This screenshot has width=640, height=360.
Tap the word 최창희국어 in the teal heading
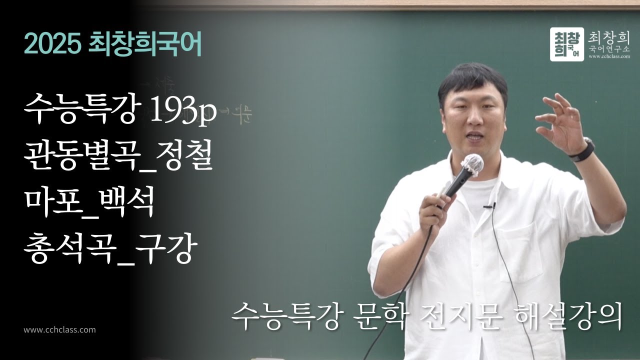(x=144, y=45)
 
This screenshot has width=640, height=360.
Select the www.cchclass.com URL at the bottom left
(x=59, y=330)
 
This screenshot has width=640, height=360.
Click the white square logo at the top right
(x=566, y=44)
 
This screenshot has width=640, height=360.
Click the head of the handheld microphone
(x=472, y=164)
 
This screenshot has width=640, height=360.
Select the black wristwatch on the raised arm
(x=583, y=150)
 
